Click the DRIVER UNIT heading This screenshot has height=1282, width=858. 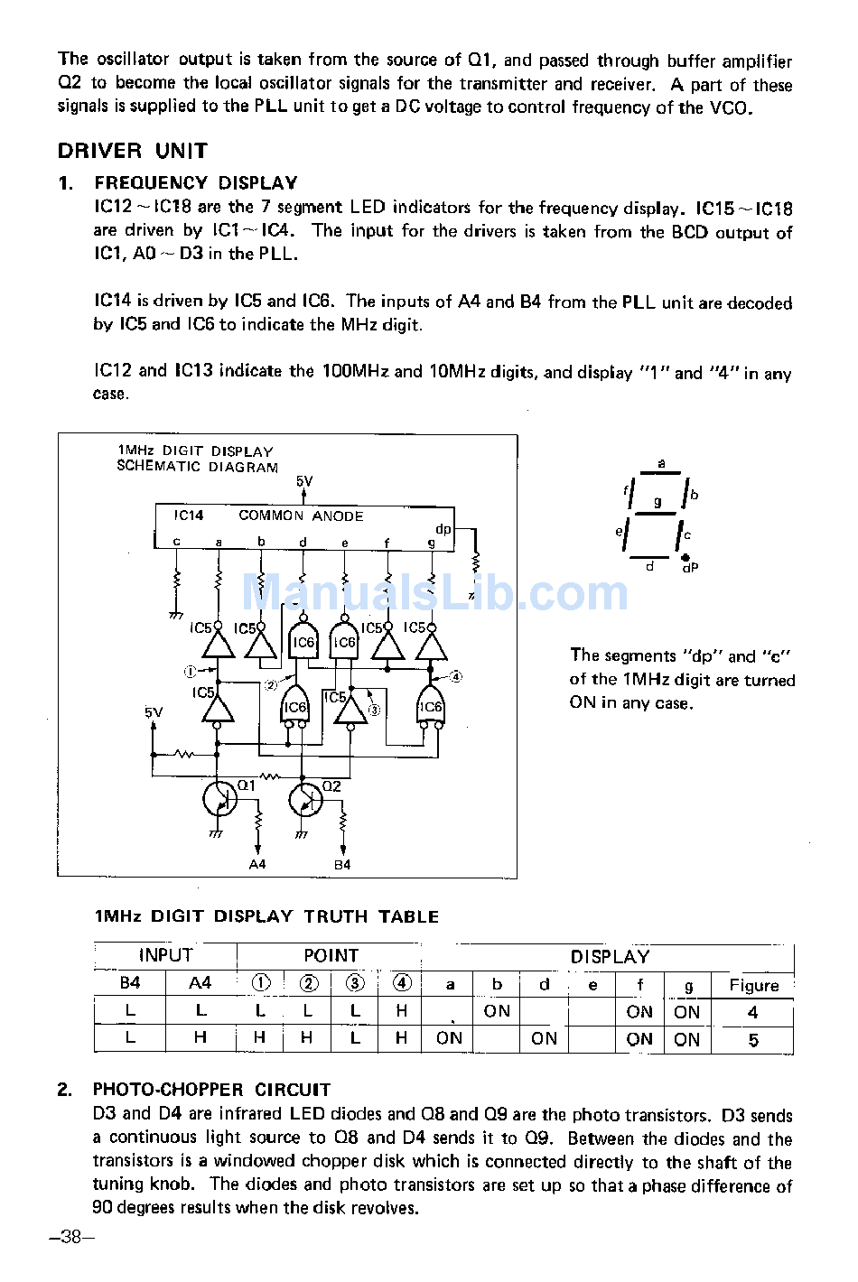133,151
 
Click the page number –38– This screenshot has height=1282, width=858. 72,1237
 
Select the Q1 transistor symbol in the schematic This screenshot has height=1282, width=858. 220,799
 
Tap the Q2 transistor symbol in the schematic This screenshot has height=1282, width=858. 305,799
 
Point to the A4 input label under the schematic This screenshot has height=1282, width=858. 257,865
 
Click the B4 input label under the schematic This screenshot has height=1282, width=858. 342,865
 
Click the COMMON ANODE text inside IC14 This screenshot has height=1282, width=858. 301,516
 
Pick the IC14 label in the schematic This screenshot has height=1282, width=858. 189,516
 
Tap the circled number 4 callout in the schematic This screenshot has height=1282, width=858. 455,676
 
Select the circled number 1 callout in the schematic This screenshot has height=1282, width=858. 190,671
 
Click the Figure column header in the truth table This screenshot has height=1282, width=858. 753,986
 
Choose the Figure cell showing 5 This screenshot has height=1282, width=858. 753,1040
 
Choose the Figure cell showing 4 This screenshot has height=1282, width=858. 753,1013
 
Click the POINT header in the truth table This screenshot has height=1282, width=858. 331,955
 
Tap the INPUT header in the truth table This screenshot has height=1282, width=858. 165,955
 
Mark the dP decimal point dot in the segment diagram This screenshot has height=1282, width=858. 685,558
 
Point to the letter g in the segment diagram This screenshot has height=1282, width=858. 658,501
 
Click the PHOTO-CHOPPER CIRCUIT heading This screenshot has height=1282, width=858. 211,1090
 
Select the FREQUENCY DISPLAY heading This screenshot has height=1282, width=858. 196,183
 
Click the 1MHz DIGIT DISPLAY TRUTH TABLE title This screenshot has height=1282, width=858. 267,916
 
